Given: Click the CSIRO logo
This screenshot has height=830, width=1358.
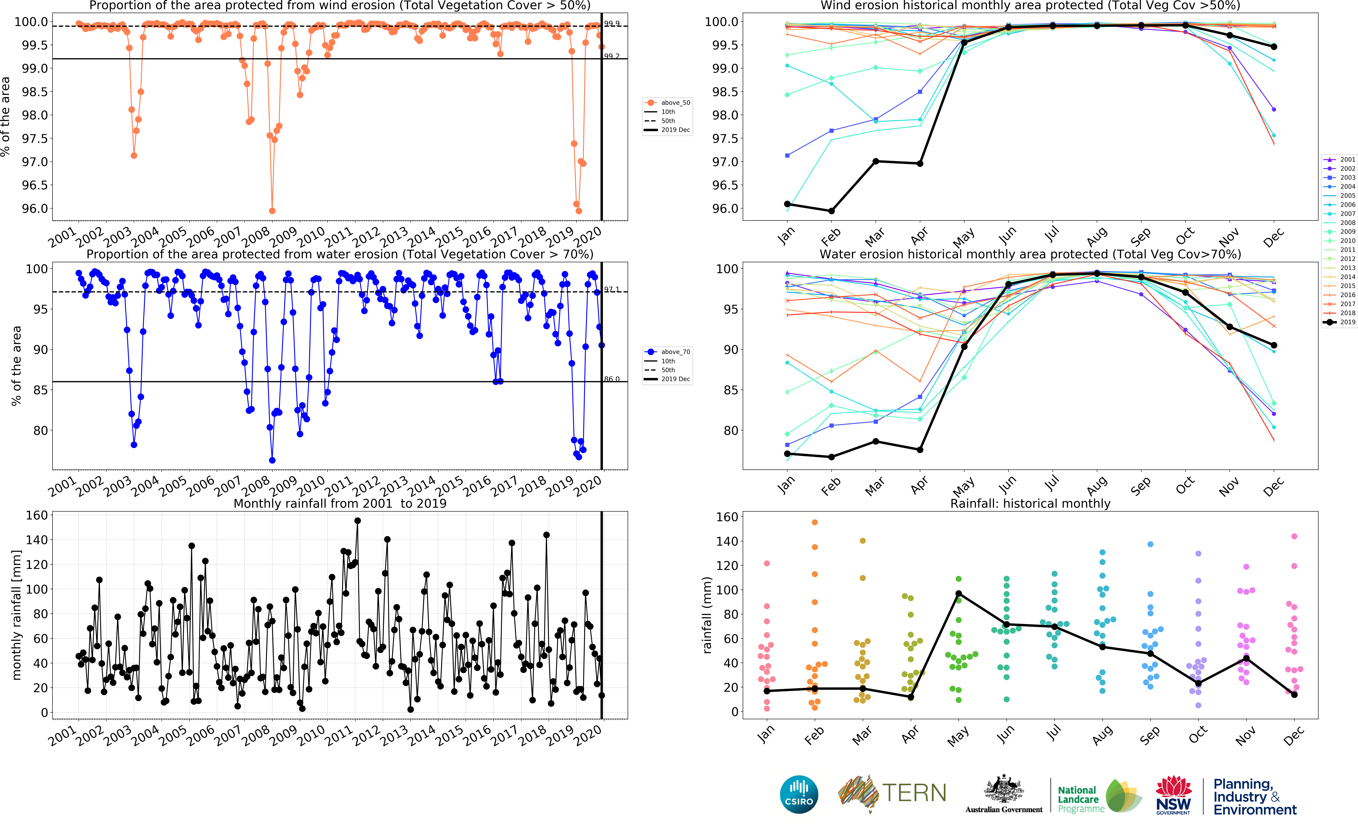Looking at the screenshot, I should [799, 794].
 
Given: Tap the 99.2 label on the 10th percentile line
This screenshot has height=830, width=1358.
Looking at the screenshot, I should [612, 56].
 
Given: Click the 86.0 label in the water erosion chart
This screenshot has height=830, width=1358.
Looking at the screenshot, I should [612, 379].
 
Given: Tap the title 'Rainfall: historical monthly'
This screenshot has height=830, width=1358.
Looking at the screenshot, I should [1030, 503].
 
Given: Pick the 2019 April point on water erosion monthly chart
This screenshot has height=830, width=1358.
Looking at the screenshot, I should [920, 450].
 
